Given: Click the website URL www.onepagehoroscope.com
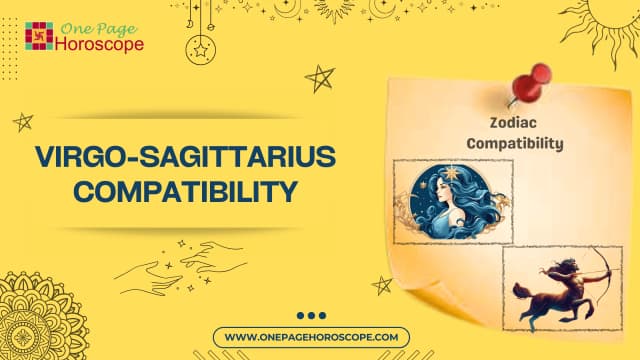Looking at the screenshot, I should (317, 338).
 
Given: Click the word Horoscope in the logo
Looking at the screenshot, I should (98, 44).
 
